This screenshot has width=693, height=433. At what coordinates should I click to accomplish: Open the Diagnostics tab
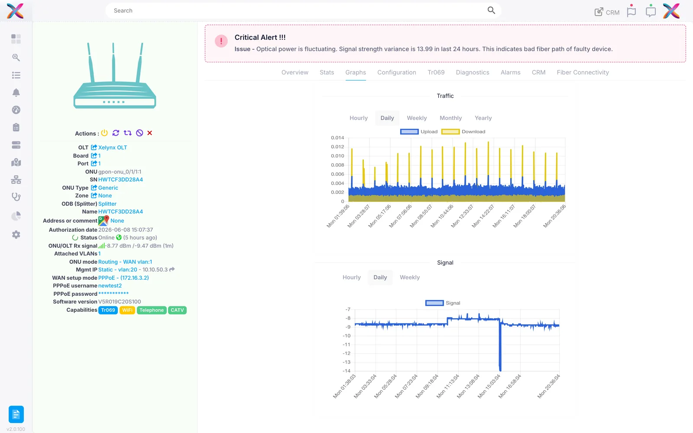473,72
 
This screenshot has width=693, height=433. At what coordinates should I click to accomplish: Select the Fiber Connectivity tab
583,72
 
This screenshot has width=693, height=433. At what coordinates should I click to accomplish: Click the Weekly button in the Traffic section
416,118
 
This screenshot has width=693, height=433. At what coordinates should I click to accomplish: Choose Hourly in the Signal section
351,277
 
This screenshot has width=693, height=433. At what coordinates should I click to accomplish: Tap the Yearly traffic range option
483,118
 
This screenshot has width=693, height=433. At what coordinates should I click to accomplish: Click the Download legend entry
463,132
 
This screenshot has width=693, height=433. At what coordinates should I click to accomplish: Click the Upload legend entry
418,132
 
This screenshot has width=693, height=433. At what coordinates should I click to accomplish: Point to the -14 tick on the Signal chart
346,371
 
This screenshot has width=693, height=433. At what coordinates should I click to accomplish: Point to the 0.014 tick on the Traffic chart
337,138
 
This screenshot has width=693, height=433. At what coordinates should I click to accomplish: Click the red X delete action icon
150,133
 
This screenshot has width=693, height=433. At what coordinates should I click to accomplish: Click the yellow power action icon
104,133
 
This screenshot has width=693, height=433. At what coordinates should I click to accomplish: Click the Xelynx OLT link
112,148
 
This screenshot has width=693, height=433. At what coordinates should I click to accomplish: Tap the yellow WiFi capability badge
127,310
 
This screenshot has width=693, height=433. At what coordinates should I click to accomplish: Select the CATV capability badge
177,310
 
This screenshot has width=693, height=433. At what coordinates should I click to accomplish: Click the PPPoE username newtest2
110,285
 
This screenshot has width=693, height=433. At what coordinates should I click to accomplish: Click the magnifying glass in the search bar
491,10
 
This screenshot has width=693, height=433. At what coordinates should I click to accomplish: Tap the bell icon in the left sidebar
16,93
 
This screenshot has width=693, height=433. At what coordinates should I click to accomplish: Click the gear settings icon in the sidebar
16,234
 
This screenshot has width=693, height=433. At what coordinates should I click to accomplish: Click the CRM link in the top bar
607,12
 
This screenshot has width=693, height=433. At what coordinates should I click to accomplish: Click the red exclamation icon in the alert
221,41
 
